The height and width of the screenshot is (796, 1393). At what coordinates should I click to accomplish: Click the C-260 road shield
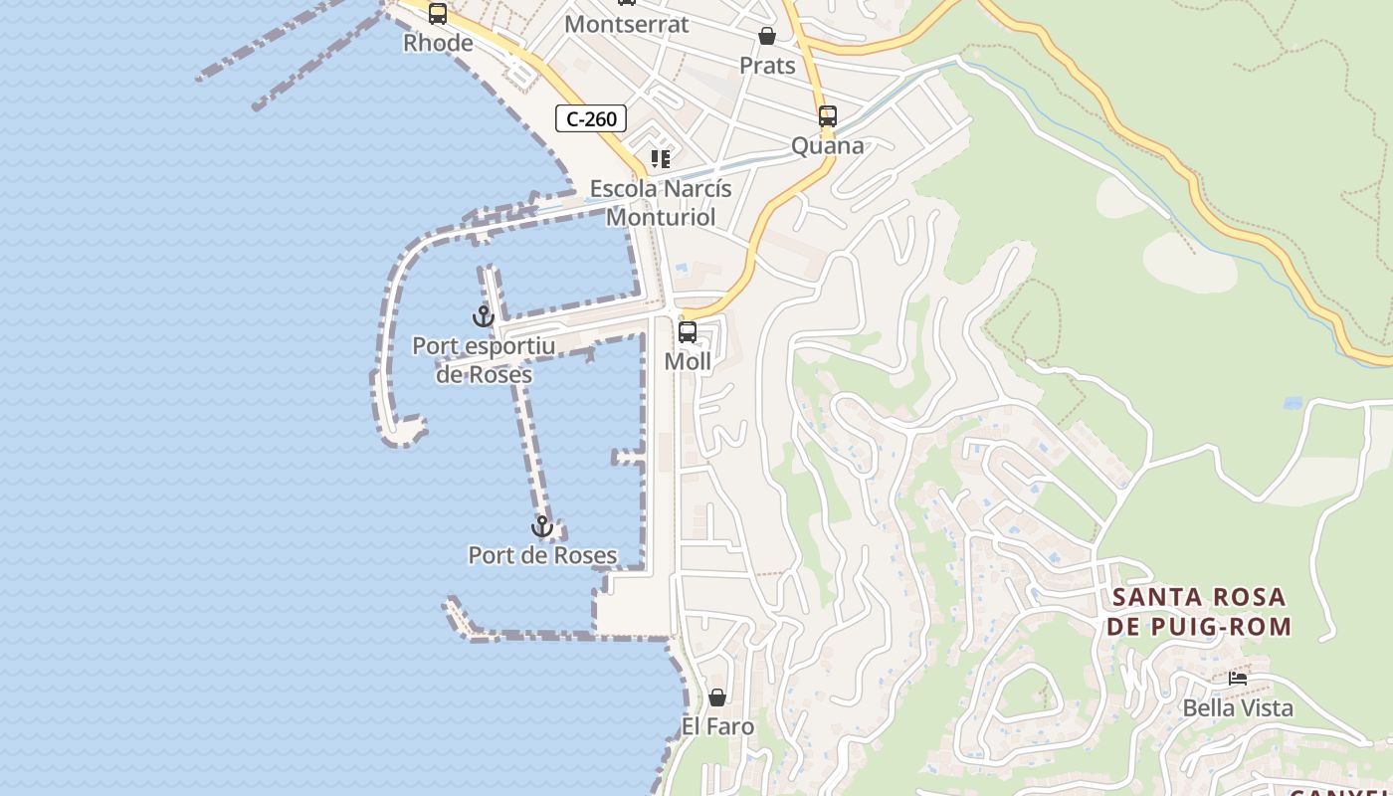pos(591,119)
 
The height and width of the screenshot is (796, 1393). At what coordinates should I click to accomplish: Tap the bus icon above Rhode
pos(438,14)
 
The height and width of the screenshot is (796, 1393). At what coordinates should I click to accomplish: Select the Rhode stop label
pos(438,43)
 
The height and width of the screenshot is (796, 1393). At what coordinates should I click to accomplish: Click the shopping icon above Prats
pos(767,37)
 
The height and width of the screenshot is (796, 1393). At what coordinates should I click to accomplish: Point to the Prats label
pos(767,66)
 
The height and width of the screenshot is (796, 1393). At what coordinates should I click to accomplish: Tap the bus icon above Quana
pos(827,116)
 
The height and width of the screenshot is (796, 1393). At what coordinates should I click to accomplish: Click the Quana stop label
pos(827,146)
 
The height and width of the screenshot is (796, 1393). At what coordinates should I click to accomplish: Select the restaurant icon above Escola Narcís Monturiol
pos(660,159)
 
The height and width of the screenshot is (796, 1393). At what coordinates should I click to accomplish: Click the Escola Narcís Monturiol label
pos(661,202)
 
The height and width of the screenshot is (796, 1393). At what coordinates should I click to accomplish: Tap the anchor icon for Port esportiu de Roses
pos(484,316)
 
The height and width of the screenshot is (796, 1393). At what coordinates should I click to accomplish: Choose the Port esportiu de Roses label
pos(484,360)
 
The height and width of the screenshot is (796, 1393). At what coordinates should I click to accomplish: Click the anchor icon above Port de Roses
pos(542,526)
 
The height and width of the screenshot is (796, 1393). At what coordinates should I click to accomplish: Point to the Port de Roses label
pos(542,556)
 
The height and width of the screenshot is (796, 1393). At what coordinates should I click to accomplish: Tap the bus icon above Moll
pos(688,332)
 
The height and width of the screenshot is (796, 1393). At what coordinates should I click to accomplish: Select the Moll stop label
pos(688,362)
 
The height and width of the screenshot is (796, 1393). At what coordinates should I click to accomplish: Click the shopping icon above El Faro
pos(717,697)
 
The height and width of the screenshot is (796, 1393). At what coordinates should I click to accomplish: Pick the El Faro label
pos(717,727)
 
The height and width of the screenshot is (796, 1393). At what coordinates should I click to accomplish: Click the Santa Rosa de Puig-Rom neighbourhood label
pos(1199,612)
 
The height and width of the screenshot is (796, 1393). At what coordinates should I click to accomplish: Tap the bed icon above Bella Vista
pos(1238,679)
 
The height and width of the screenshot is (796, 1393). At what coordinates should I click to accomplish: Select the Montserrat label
pos(626,24)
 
